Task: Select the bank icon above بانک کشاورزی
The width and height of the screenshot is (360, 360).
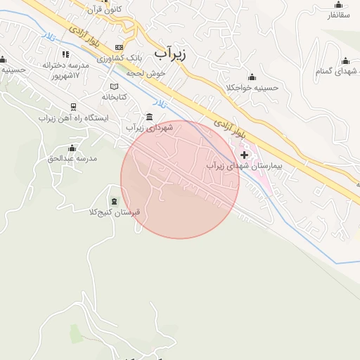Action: click(x=119, y=46)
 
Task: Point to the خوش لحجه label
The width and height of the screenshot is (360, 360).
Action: click(x=145, y=72)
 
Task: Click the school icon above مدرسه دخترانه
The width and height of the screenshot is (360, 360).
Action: click(x=66, y=54)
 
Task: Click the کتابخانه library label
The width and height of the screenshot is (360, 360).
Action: click(x=114, y=97)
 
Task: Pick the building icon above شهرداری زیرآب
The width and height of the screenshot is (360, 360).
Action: click(x=149, y=117)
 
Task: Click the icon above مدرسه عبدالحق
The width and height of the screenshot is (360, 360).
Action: click(x=72, y=148)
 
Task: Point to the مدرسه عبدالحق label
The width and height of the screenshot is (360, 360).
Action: click(x=72, y=159)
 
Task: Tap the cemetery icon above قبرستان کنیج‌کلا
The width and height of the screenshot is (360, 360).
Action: click(x=115, y=202)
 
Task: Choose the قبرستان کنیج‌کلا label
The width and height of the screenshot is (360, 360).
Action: click(x=115, y=212)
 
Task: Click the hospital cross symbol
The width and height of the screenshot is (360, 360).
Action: click(x=244, y=154)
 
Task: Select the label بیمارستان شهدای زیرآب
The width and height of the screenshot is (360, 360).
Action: click(x=244, y=166)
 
